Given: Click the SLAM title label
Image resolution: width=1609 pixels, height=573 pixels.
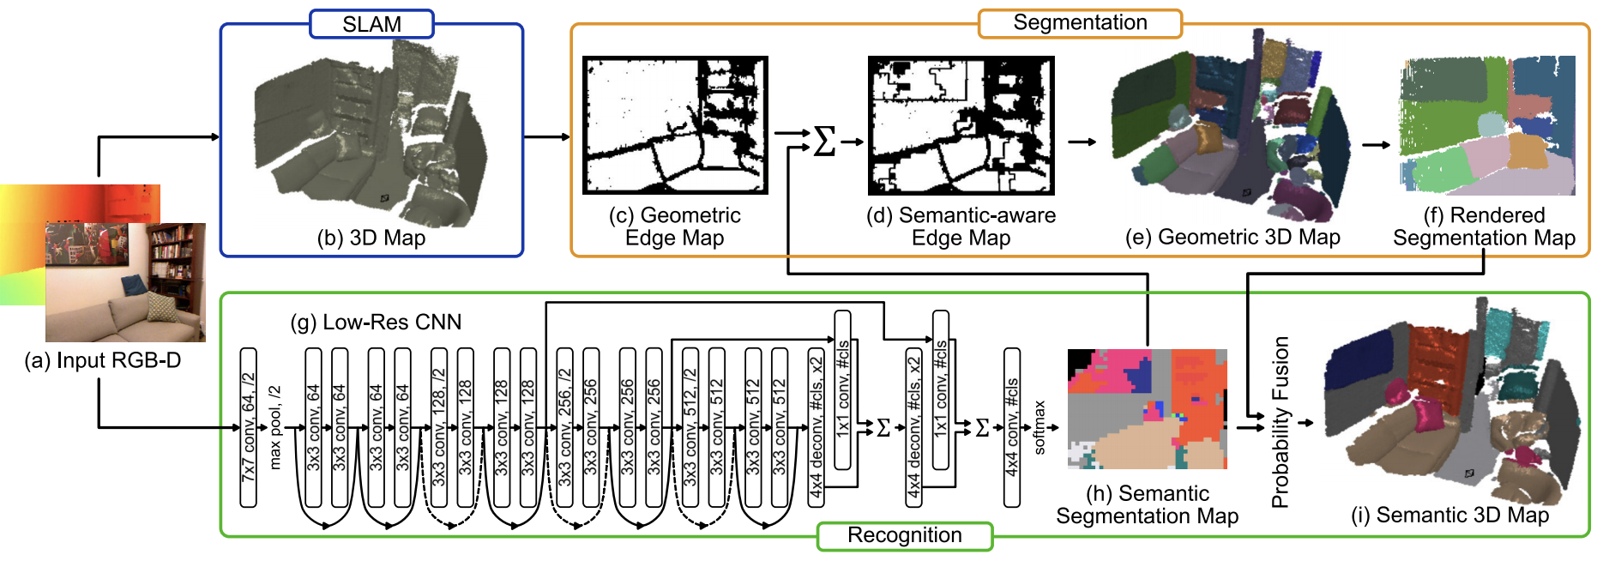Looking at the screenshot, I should pos(371,24).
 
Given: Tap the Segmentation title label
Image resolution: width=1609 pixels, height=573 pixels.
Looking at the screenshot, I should pos(1080,23).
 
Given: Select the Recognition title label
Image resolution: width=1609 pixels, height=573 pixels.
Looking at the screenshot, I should pos(904,535).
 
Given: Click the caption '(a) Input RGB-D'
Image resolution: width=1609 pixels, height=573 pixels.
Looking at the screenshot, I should pos(103,360).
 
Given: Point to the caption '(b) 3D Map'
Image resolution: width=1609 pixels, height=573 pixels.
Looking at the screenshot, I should pos(371,238).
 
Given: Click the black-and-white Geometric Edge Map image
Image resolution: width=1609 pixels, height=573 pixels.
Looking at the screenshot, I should pos(675,125).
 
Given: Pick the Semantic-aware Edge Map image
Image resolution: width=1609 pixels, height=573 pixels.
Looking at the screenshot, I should pos(961,125).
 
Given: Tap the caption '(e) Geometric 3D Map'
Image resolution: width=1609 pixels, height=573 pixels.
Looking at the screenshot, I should pos(1232,238).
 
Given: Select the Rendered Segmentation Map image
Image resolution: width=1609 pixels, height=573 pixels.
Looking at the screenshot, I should pos(1487,125).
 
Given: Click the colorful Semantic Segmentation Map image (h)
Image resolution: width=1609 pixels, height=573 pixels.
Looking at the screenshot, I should pos(1147,408).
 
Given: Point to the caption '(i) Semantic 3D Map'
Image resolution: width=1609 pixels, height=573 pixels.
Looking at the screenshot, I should pos(1449,515).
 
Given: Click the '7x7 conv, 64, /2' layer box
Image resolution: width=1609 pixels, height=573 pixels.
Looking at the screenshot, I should pos(249,427).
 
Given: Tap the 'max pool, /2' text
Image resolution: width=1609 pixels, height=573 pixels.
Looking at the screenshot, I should pos(275,427).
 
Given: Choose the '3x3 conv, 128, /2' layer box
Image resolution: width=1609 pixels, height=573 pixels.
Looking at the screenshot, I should pos(439,427).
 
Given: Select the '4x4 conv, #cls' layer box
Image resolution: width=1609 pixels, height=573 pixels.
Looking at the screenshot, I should pos(1012,427).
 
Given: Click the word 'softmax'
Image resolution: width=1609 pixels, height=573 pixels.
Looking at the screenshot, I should pos(1040,427).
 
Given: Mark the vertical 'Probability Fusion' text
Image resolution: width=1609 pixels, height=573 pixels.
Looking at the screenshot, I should pos(1281,422).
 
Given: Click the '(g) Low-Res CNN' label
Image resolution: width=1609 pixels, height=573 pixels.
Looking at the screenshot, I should pos(376,323).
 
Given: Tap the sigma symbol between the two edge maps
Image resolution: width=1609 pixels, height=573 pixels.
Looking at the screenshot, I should pos(824,141).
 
